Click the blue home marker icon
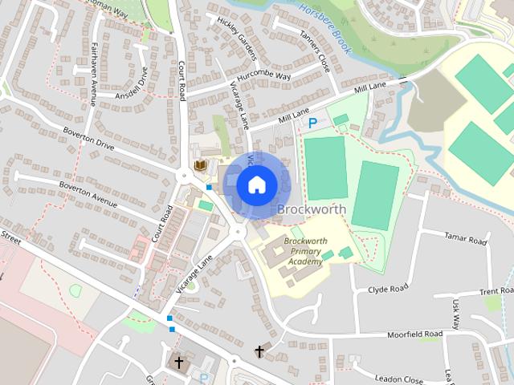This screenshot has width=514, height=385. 256,184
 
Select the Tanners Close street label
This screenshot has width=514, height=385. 314,50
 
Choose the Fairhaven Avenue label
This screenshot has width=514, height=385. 94,73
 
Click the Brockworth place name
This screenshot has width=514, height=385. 312,209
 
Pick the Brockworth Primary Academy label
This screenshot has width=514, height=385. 304,250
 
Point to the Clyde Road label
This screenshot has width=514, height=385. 388,287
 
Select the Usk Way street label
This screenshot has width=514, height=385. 455,314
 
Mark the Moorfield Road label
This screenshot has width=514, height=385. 414,333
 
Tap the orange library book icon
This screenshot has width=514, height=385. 201,165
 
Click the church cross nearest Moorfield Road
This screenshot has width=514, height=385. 259,351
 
